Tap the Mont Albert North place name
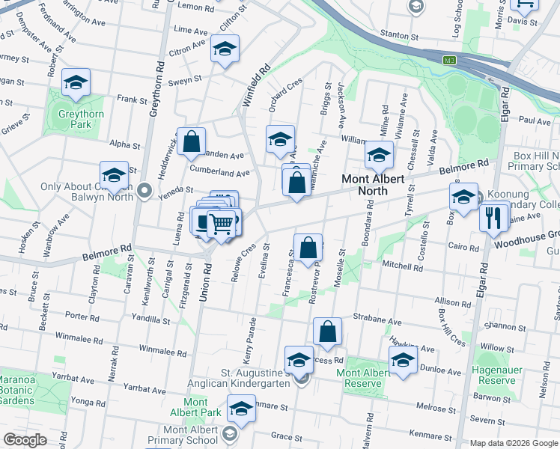tap(374, 185)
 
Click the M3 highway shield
tap(450, 60)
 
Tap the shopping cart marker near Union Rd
tap(221, 222)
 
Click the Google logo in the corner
tap(25, 440)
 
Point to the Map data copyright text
tap(514, 443)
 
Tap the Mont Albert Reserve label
tap(363, 378)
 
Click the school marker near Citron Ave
tap(225, 49)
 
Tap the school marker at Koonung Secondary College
tap(463, 197)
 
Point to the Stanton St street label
tap(399, 35)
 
